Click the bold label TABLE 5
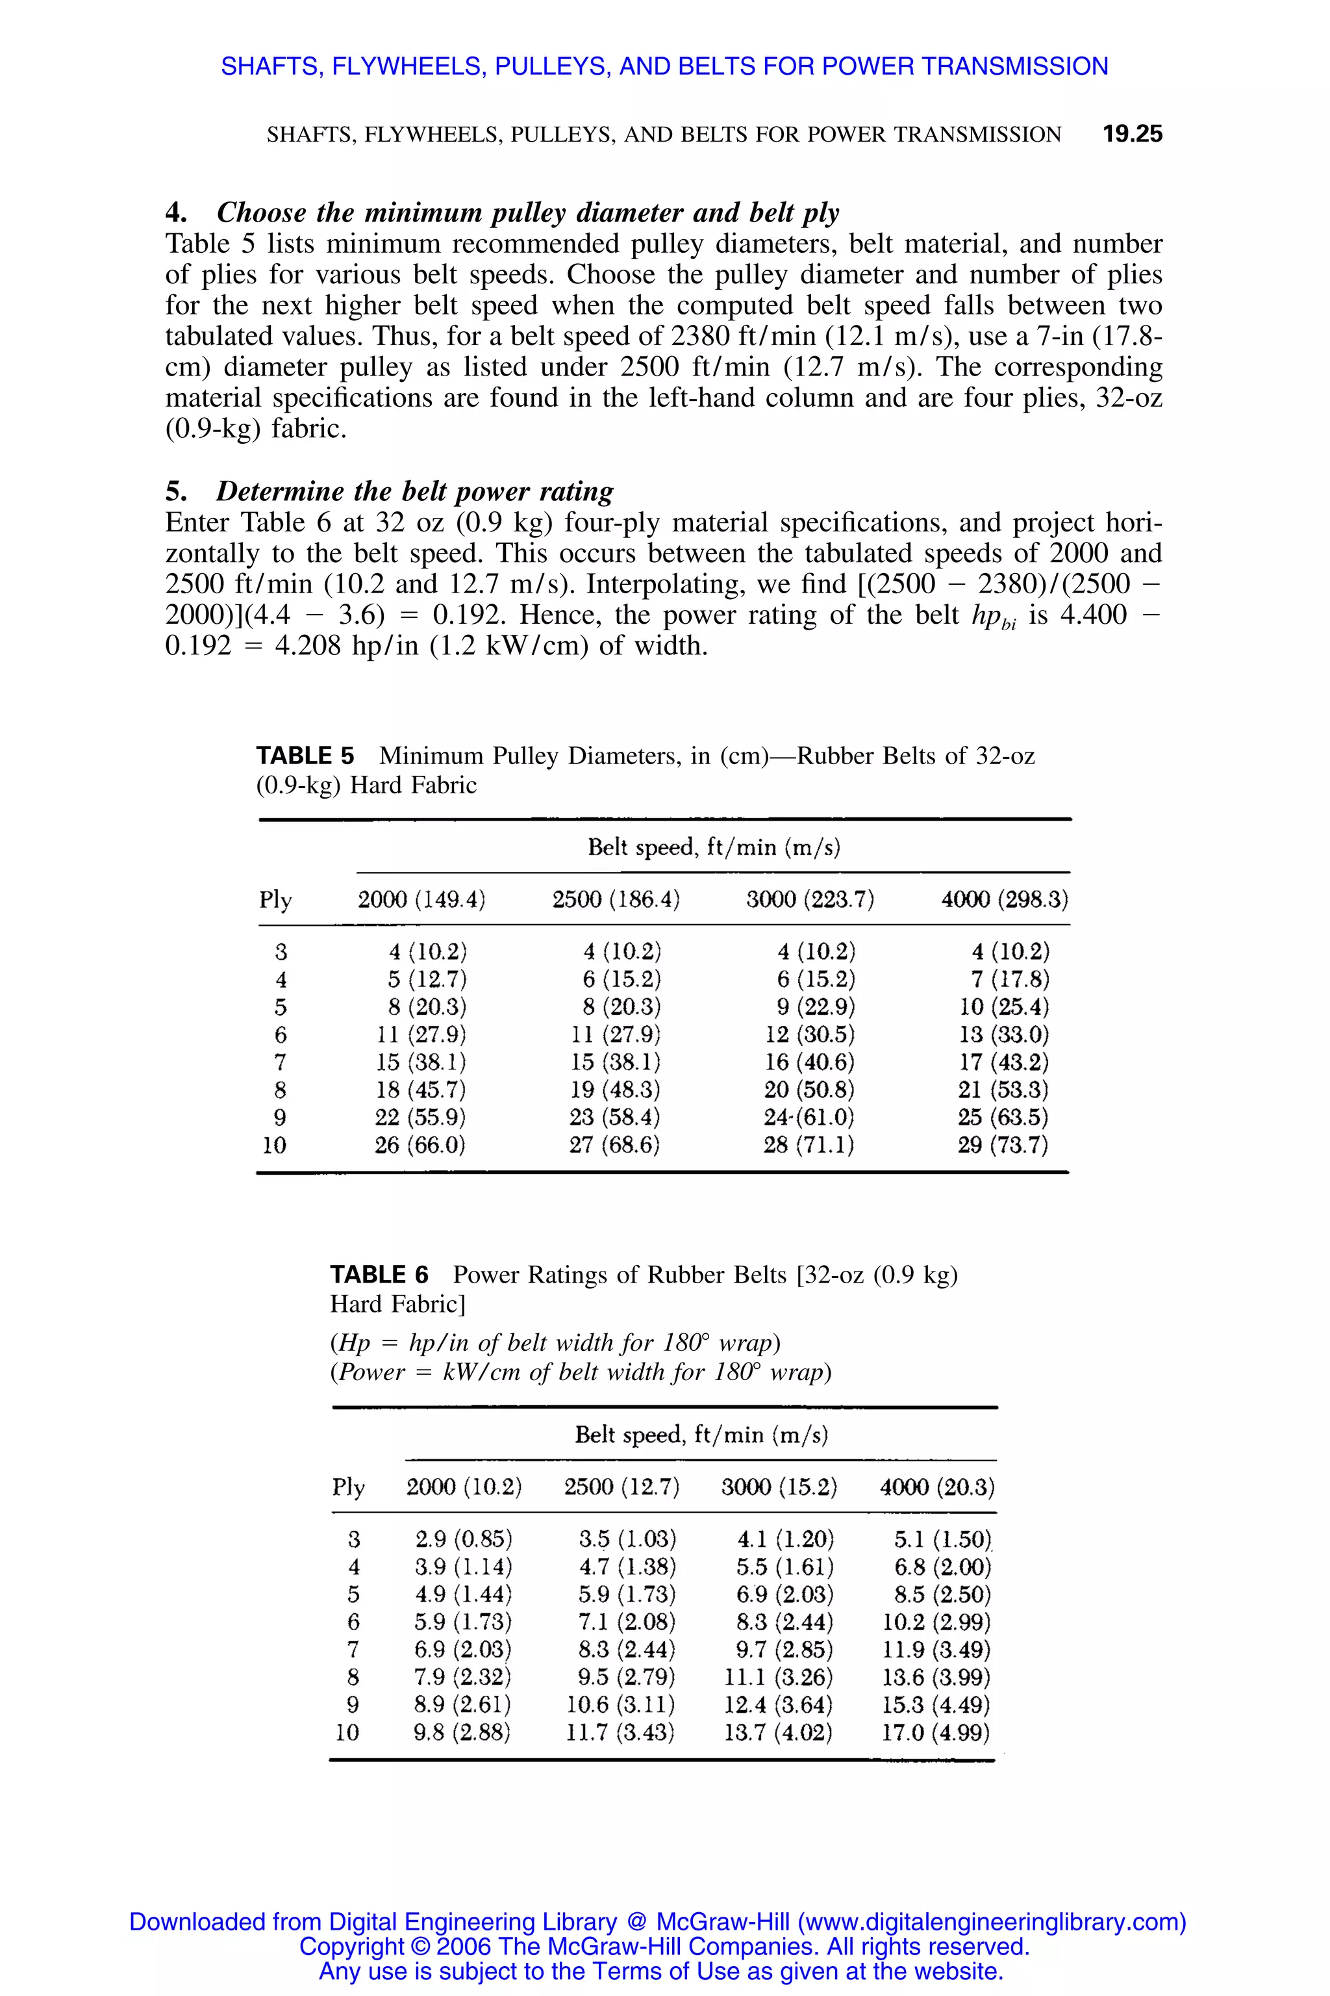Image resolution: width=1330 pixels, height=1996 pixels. point(305,755)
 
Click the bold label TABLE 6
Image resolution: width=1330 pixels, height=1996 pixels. point(379,1275)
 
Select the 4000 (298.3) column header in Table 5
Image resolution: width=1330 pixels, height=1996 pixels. point(1004,899)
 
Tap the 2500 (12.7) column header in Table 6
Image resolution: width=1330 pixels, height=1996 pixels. point(621,1487)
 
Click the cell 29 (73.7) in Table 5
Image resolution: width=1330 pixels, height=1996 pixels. point(1003,1145)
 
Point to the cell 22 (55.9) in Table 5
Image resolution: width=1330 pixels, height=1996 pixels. point(421,1117)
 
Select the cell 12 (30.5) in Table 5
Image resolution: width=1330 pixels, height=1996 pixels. point(809,1034)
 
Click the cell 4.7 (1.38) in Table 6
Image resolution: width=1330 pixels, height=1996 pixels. point(628,1567)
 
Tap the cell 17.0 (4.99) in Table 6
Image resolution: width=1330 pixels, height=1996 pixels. point(936,1732)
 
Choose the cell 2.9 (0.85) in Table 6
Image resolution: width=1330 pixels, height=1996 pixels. point(464,1539)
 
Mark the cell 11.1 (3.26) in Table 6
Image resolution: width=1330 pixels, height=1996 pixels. point(779,1677)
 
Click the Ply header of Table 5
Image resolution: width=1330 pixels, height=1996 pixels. point(275,899)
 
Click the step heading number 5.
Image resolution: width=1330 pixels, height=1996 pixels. point(175,491)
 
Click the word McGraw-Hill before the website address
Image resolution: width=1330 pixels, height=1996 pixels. point(723,1921)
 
